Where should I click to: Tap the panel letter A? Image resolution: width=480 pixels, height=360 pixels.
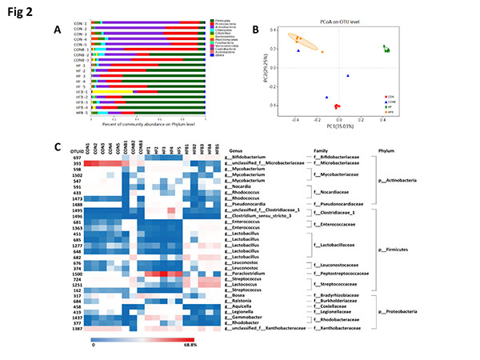point(57,30)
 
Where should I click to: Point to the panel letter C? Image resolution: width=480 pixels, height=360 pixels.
point(57,149)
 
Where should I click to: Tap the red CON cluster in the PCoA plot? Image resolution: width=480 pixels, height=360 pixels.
point(337,106)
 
